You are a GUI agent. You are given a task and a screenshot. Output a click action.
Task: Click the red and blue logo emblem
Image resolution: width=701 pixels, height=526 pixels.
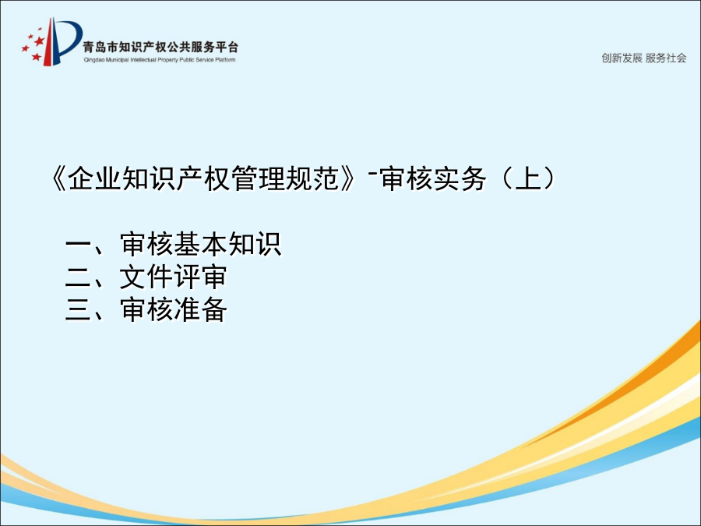(52, 41)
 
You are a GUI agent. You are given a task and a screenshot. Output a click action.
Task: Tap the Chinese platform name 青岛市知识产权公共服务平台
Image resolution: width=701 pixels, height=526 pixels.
(160, 48)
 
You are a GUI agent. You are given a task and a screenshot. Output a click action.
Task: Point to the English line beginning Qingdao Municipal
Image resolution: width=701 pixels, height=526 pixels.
(160, 60)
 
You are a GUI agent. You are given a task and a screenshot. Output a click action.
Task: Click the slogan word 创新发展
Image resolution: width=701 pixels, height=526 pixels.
(622, 58)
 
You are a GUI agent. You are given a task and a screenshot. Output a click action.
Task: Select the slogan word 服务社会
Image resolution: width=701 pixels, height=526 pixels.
(666, 58)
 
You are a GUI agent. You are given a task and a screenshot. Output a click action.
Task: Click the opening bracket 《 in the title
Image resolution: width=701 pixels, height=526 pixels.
(58, 178)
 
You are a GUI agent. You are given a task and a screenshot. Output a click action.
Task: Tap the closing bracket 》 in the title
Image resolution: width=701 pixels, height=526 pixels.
(348, 178)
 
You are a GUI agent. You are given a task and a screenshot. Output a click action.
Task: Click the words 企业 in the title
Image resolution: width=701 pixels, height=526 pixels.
(94, 178)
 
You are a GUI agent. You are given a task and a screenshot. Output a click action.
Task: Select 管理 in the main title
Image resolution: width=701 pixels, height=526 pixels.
(259, 178)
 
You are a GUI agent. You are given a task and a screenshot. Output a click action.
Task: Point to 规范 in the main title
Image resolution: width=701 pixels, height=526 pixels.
(313, 178)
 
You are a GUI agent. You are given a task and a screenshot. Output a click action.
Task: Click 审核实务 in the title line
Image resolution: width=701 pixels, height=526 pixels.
(433, 178)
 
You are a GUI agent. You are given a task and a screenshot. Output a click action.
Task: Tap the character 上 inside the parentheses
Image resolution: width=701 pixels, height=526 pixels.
(528, 178)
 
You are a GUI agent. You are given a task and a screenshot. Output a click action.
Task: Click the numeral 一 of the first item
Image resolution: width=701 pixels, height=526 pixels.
(78, 245)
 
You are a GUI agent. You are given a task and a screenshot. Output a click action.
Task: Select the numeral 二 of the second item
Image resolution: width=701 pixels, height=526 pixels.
(78, 277)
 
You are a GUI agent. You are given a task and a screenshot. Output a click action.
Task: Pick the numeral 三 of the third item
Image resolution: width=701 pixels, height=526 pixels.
(78, 310)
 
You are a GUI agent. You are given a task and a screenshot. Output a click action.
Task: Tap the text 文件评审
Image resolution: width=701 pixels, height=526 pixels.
(173, 277)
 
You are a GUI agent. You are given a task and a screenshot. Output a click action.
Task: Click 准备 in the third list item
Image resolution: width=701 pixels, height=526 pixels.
(200, 309)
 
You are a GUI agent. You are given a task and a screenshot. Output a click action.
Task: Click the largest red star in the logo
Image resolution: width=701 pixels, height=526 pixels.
(40, 41)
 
